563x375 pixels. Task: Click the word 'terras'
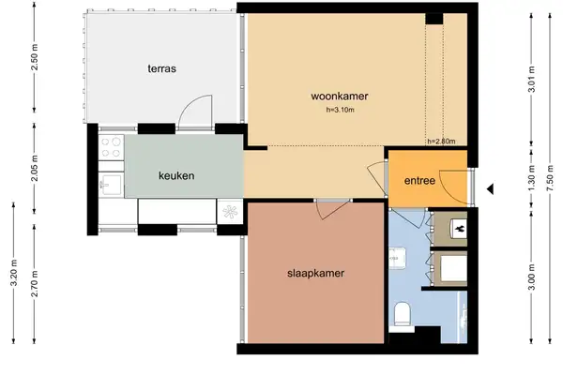click(161, 68)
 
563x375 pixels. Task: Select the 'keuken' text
click(175, 175)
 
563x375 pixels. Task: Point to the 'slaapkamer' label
click(315, 274)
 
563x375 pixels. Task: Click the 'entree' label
click(418, 181)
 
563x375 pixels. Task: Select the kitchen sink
click(110, 183)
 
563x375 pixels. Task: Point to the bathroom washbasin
click(396, 255)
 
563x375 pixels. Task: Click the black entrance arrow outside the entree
click(490, 190)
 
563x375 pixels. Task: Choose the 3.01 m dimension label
click(531, 82)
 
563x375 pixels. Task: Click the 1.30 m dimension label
click(531, 178)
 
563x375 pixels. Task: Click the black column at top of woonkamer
click(434, 18)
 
